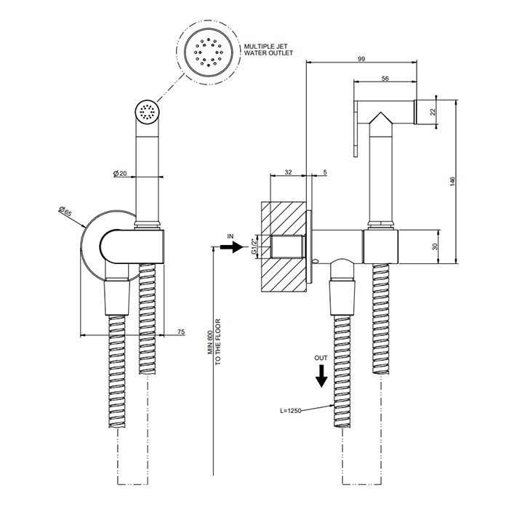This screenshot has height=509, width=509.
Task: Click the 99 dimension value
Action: click(361, 58)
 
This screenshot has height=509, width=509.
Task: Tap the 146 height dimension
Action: click(452, 181)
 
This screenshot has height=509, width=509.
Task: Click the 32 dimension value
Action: click(288, 172)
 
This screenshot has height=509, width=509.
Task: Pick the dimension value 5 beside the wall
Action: click(324, 172)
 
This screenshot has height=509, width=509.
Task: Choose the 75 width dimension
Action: click(180, 332)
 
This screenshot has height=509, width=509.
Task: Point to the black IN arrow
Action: click(232, 248)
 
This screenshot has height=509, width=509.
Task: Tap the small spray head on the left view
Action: click(147, 112)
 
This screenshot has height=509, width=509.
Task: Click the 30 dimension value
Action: click(434, 247)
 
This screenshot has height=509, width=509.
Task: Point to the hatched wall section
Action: click(284, 247)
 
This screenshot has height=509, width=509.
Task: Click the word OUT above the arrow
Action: click(321, 358)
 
